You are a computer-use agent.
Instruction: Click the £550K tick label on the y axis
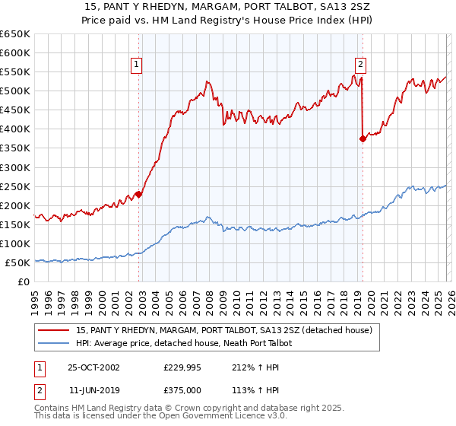click(15, 72)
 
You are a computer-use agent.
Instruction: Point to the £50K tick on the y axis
click(17, 262)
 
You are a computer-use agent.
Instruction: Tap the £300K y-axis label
click(15, 167)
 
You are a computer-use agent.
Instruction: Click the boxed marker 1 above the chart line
click(136, 65)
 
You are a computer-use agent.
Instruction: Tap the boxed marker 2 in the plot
click(360, 65)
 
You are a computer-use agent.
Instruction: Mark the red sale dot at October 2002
click(139, 194)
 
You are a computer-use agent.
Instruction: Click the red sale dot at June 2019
click(363, 138)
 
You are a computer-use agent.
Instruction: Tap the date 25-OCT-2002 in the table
click(93, 367)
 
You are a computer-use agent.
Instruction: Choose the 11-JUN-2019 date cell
click(93, 389)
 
